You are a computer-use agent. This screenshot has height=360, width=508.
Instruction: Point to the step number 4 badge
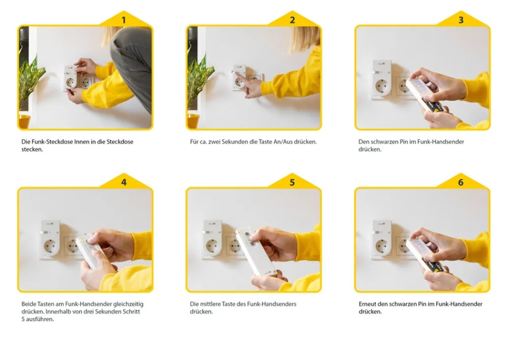124,182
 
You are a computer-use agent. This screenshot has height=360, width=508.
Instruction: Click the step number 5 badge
292,182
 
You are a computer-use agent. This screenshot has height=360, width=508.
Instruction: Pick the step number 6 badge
461,182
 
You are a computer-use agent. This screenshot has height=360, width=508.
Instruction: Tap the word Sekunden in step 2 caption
235,142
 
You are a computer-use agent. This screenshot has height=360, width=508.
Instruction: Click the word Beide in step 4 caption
28,304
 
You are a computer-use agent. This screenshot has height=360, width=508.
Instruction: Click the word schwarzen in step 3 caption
383,142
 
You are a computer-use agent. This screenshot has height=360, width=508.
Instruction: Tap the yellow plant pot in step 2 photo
193,121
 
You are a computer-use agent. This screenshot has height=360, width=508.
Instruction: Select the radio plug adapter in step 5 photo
212,238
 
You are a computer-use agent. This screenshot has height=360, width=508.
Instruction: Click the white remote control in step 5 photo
256,251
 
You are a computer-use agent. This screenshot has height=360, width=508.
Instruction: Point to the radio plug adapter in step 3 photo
383,78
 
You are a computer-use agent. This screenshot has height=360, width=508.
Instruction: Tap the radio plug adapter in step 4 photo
50,238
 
